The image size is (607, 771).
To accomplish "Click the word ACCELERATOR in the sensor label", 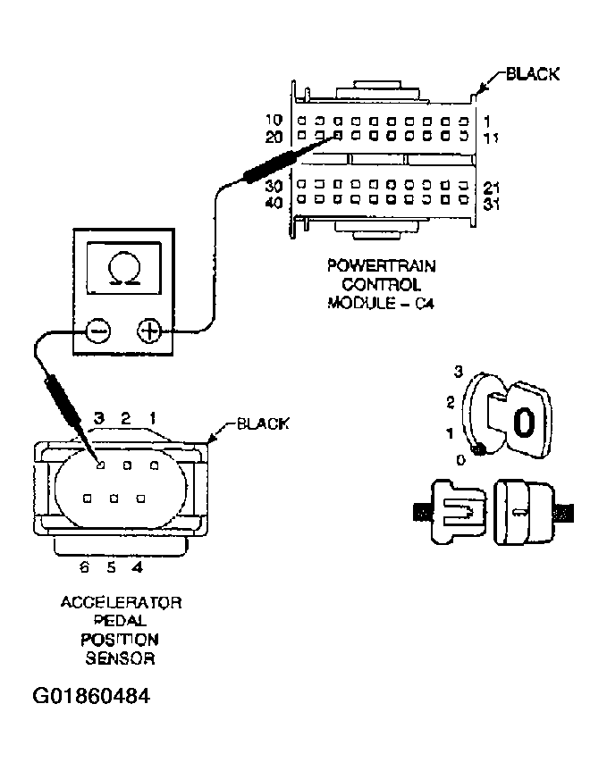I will pos(122,603).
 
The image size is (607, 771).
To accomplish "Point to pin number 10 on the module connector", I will pos(275,120).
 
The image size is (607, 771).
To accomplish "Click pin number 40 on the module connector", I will pos(275,203).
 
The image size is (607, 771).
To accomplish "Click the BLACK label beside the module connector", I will pos(533,74).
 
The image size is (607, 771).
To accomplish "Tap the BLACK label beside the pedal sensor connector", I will pos(262,423).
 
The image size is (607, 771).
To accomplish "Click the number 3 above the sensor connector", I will pos(100,417).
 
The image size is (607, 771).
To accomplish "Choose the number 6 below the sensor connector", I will pos(84,566).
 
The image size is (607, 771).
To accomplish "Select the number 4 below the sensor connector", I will pos(137,566).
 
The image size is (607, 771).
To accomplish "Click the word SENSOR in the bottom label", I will pos(122,659).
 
